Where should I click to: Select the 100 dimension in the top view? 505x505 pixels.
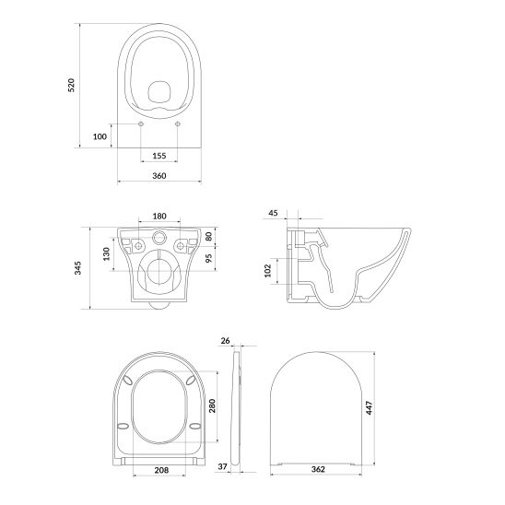click(100, 137)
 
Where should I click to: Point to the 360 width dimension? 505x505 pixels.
click(159, 174)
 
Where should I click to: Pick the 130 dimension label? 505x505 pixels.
click(106, 252)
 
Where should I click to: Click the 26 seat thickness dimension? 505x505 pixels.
click(226, 340)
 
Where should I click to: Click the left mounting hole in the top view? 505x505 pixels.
click(139, 123)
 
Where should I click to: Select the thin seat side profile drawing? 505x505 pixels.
click(237, 405)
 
